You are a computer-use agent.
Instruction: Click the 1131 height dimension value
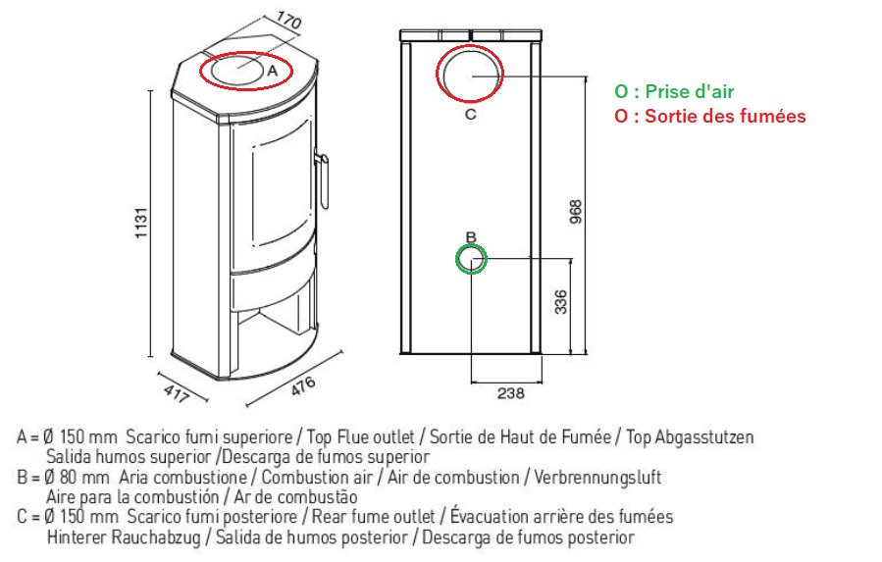point(141,223)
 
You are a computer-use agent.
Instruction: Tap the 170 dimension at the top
point(288,21)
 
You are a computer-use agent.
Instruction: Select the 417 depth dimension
point(177,394)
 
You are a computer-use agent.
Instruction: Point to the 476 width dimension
point(303,386)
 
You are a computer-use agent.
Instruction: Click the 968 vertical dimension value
point(576,212)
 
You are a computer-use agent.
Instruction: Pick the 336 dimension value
point(561,302)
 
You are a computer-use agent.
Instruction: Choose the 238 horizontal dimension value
point(511,392)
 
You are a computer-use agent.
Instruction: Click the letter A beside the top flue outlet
point(273,71)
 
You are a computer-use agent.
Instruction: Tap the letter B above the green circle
point(471,236)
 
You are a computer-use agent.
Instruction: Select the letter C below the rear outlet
point(470,114)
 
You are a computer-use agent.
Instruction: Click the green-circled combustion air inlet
point(471,259)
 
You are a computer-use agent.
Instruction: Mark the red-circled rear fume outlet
point(470,74)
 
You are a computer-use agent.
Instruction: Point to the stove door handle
point(323,180)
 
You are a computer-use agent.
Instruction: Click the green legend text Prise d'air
point(674,91)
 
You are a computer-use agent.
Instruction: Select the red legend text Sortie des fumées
point(710,116)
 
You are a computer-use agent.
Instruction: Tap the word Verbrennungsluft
point(597,478)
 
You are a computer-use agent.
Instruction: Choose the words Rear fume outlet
point(374,517)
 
